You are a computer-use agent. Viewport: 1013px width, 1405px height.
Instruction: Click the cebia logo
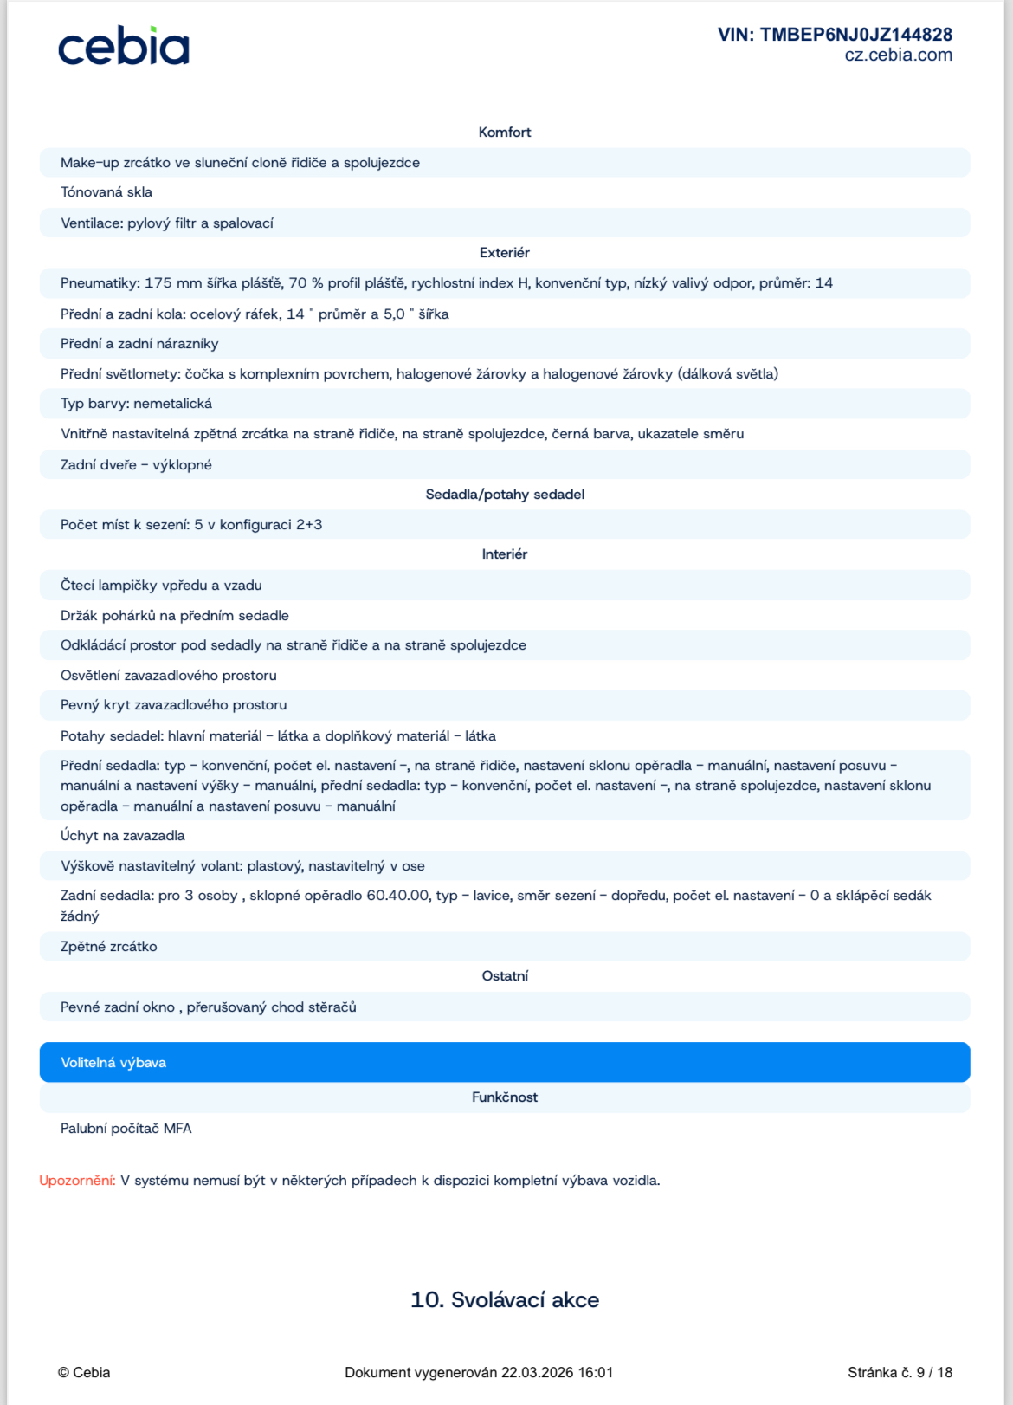123,47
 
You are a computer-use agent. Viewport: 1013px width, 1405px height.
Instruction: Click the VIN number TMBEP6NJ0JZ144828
835,35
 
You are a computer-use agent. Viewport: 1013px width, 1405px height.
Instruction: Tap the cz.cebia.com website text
898,55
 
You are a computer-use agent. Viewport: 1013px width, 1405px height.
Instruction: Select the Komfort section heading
505,133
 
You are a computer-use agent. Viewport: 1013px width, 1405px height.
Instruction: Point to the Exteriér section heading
505,253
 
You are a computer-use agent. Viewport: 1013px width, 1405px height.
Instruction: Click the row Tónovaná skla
106,192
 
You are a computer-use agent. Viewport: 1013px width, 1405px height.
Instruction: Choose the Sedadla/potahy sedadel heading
505,495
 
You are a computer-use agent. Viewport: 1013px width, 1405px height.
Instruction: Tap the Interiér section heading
505,554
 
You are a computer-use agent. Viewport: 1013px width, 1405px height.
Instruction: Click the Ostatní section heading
505,976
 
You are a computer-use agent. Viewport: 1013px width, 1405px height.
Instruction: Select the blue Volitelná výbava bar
505,1062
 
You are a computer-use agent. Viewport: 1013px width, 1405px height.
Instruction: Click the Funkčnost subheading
505,1097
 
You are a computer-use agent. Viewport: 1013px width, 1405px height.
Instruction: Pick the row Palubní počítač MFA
126,1129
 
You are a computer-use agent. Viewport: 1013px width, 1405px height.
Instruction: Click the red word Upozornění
77,1181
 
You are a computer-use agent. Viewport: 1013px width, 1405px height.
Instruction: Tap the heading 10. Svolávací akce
505,1299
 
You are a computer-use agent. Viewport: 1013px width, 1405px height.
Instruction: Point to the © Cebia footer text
84,1372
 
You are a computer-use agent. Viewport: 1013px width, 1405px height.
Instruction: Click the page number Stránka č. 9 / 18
900,1372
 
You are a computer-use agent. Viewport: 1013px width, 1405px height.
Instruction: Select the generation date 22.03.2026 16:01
557,1372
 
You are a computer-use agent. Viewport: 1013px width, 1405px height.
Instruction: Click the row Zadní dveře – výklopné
136,465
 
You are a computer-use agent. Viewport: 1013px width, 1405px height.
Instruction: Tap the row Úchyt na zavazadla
123,836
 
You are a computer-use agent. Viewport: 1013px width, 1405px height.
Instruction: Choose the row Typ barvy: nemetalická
136,404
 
